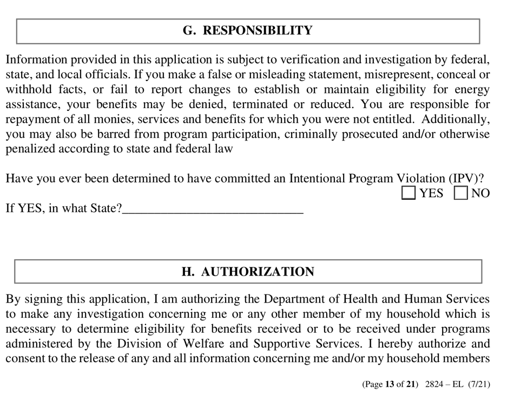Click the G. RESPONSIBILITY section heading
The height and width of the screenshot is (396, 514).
tap(248, 31)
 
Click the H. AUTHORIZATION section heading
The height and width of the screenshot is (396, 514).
tap(248, 272)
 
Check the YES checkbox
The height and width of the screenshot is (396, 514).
tap(409, 193)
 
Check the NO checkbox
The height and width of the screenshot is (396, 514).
tap(461, 193)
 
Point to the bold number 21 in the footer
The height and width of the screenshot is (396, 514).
tap(411, 385)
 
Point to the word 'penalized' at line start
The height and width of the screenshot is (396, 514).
tap(30, 149)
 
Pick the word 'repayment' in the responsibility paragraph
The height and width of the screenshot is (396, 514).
tap(32, 119)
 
